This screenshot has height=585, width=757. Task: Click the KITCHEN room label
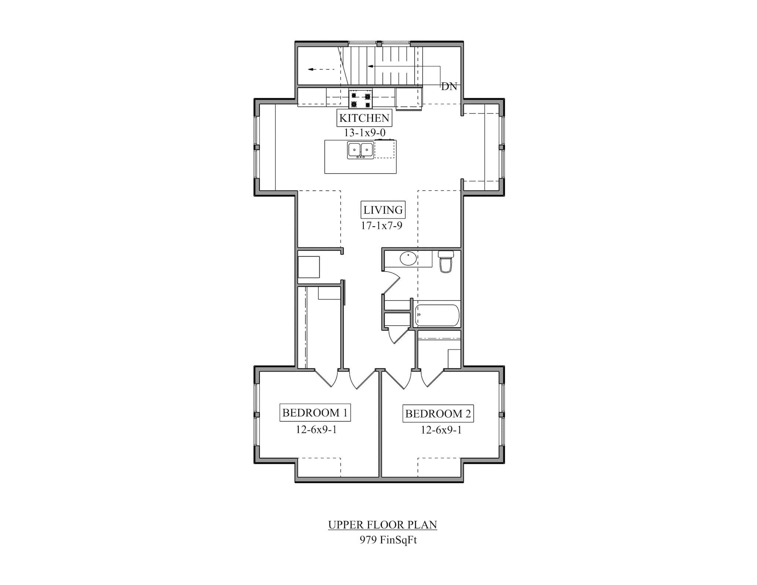tap(364, 118)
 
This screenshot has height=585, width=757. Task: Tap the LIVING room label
tap(383, 210)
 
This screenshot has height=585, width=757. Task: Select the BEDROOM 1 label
tap(315, 413)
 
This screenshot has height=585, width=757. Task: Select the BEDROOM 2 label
tap(438, 414)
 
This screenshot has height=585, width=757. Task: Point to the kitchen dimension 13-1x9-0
tap(364, 132)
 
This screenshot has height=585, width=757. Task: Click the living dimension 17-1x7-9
tap(381, 226)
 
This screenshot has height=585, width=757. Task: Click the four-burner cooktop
tap(360, 99)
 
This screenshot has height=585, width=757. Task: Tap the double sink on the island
tap(360, 150)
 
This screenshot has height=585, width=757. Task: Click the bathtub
tap(437, 315)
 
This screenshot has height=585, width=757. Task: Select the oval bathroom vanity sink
tap(408, 258)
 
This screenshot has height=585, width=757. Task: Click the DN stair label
tap(449, 87)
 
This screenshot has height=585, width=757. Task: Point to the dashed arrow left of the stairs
tap(321, 69)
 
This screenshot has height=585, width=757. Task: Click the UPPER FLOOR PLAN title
tap(383, 525)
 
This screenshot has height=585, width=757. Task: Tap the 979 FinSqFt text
tap(388, 540)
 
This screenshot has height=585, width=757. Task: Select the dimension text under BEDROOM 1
tap(316, 429)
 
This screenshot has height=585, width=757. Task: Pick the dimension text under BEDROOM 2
tap(441, 430)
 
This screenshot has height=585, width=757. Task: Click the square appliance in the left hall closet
tap(309, 267)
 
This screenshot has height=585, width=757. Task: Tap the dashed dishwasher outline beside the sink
tap(385, 149)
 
